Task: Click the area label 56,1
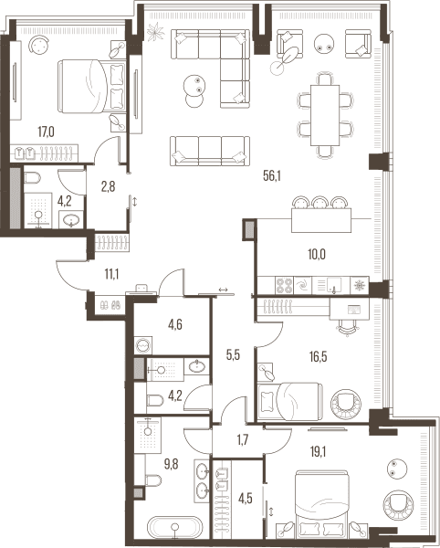click(x=272, y=176)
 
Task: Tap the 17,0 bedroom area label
click(x=46, y=132)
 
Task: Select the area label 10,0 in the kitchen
click(x=317, y=255)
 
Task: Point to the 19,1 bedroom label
click(x=318, y=452)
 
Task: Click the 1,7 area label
click(x=242, y=440)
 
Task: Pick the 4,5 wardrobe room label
click(x=246, y=499)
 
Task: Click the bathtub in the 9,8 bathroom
click(x=174, y=527)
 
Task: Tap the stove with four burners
click(x=284, y=285)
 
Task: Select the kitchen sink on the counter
click(x=330, y=285)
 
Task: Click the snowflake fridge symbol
click(x=359, y=285)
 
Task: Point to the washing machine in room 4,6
click(x=143, y=345)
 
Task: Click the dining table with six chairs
click(x=325, y=115)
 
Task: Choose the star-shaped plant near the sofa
click(x=155, y=32)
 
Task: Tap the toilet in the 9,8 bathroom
click(x=153, y=480)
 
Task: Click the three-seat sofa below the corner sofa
click(x=210, y=151)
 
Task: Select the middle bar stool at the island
click(x=321, y=203)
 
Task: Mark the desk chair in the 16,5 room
click(x=348, y=328)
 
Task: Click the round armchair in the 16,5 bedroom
click(x=346, y=404)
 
